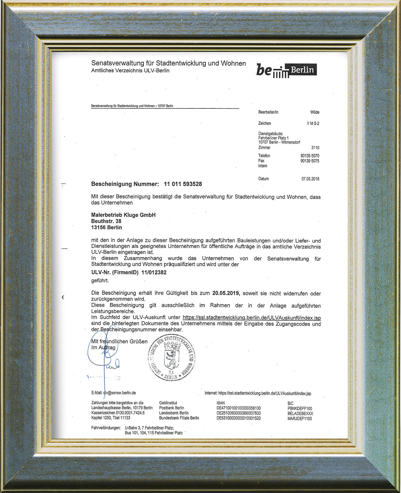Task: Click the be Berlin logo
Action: pyautogui.click(x=286, y=70)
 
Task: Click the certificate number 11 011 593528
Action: pyautogui.click(x=183, y=184)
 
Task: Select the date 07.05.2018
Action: pyautogui.click(x=310, y=179)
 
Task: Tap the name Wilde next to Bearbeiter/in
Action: pyautogui.click(x=315, y=112)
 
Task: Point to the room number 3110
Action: pyautogui.click(x=315, y=147)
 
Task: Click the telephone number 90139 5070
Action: pyautogui.click(x=310, y=156)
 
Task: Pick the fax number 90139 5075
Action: pyautogui.click(x=310, y=161)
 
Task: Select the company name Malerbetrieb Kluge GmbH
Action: pyautogui.click(x=123, y=215)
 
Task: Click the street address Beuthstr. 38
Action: pyautogui.click(x=106, y=221)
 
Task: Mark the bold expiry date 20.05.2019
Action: pyautogui.click(x=226, y=293)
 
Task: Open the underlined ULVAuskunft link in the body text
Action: pyautogui.click(x=252, y=318)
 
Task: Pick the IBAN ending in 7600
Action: pyautogui.click(x=238, y=413)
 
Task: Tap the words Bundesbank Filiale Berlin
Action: pyautogui.click(x=179, y=418)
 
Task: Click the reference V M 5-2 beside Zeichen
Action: pyautogui.click(x=313, y=123)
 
